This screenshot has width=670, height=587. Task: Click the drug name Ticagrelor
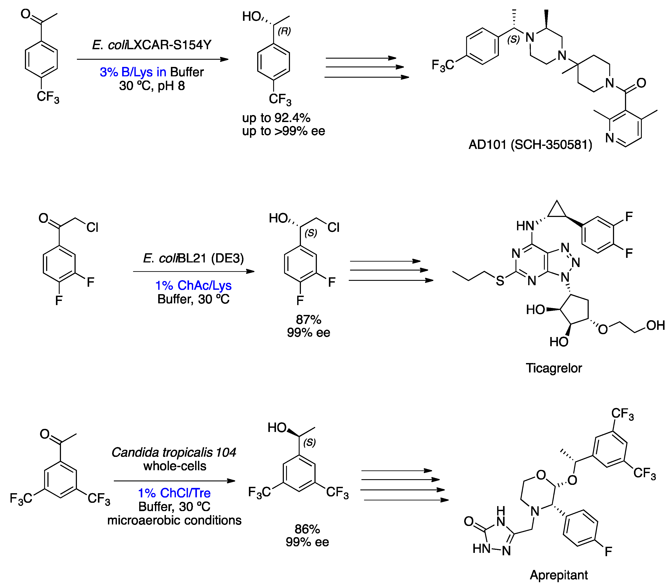click(554, 368)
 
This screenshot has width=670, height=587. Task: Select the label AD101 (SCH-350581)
click(530, 145)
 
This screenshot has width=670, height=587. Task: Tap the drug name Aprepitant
click(559, 575)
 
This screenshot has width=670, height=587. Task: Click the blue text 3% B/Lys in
click(133, 72)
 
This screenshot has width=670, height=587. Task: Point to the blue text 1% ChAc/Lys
click(193, 285)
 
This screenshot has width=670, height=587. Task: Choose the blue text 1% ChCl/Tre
click(174, 493)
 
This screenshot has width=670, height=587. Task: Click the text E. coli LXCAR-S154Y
click(151, 45)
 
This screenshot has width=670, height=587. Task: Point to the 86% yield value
click(307, 529)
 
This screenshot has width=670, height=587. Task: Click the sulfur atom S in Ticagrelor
click(500, 281)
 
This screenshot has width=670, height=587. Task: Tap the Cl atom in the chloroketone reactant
click(92, 227)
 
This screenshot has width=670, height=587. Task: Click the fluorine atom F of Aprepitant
click(608, 552)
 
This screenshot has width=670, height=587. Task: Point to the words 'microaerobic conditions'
click(174, 520)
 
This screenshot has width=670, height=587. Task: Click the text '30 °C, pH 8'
click(152, 86)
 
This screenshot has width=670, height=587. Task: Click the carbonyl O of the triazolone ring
click(469, 521)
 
